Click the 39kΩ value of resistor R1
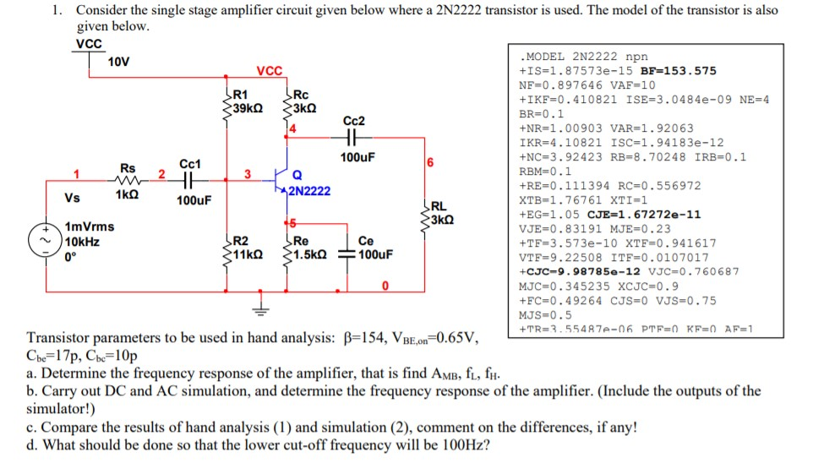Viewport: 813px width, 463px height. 247,108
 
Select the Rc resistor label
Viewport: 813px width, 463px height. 300,95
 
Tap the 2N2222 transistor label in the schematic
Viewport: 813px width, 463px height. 309,191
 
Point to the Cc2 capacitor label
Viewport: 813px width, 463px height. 354,121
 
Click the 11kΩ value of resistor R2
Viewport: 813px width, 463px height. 248,253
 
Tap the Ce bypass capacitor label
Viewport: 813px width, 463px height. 366,241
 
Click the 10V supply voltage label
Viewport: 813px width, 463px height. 119,61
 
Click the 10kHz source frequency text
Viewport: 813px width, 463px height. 83,241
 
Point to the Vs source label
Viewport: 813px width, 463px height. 73,198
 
